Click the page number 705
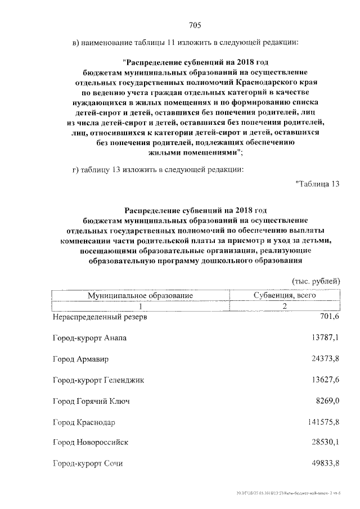[x=195, y=25]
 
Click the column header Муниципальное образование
[x=140, y=295]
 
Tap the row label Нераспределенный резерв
[x=100, y=317]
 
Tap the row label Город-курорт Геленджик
[x=98, y=380]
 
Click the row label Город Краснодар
[x=84, y=422]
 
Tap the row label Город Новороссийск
[x=91, y=443]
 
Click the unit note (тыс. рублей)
[x=316, y=280]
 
